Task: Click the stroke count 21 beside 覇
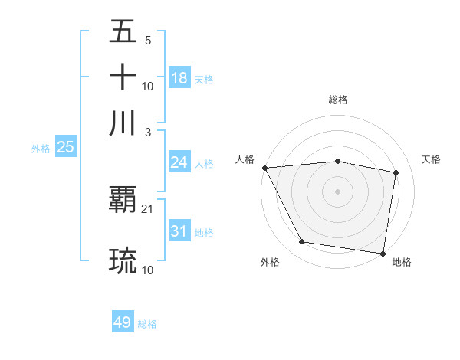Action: coord(148,209)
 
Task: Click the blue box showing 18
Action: coord(179,78)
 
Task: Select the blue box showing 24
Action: coord(179,162)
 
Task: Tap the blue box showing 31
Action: coord(179,231)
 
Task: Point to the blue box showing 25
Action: coord(65,147)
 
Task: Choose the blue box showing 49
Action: coord(123,323)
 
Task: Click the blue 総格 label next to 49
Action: coord(147,324)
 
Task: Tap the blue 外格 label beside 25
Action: coord(41,149)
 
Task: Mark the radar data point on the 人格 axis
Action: coord(264,168)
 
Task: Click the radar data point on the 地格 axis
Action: coord(383,253)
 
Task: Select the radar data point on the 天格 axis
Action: coord(396,173)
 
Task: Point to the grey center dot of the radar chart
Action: coord(338,191)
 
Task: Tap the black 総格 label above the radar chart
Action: coord(338,100)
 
